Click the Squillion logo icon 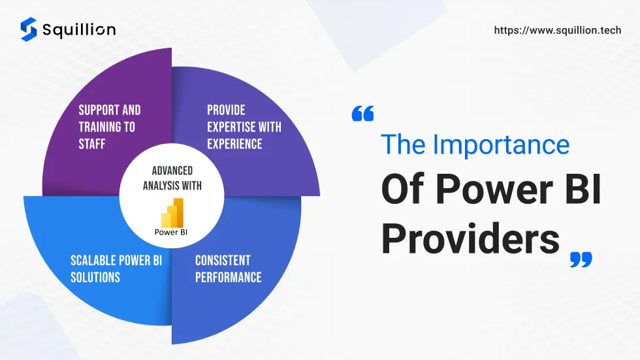(29, 29)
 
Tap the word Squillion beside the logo (79, 30)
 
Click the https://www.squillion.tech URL (558, 30)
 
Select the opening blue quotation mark (362, 114)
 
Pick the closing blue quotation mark (581, 259)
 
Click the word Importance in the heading (501, 144)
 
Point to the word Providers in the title (470, 238)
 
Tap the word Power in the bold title (494, 189)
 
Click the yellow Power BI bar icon (172, 212)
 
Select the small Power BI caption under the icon (171, 232)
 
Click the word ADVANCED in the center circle (172, 171)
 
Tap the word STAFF (92, 144)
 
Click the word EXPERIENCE (234, 144)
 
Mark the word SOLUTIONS (95, 278)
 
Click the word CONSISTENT (223, 261)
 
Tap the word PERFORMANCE (228, 278)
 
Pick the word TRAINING (99, 127)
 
